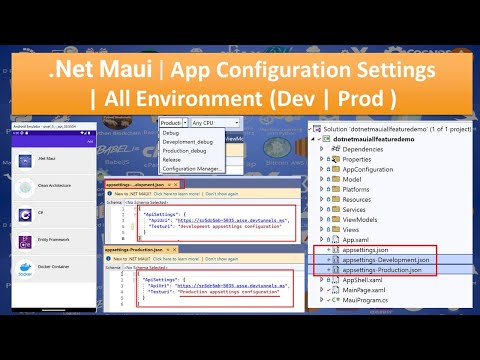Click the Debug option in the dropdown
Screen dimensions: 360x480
coord(172,132)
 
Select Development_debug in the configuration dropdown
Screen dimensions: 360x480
coord(189,142)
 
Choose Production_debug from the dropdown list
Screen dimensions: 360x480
coord(187,151)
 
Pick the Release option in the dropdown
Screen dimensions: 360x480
coord(174,160)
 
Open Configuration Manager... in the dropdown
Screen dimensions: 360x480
coord(194,169)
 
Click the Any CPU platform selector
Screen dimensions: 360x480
coord(220,122)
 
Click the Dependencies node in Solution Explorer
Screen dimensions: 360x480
coord(368,147)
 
